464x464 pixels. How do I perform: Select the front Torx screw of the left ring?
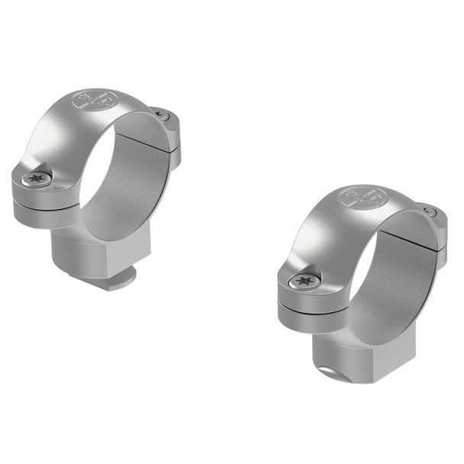pos(36,179)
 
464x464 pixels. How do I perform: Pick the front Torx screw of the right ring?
pos(303,281)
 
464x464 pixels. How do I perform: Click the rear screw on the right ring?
pos(429,213)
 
